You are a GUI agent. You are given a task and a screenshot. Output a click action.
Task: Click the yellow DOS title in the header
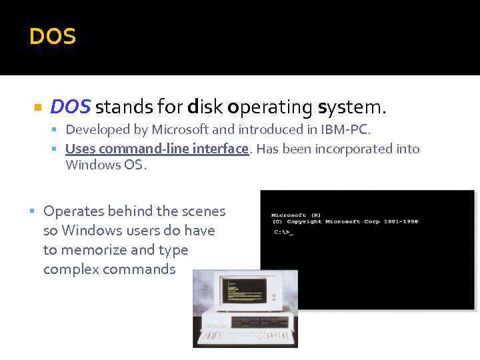click(53, 37)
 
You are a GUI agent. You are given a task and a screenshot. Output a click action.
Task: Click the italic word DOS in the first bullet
click(71, 107)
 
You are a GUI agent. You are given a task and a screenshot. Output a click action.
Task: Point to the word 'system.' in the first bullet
click(353, 107)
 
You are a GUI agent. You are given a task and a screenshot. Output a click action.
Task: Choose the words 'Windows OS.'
click(105, 165)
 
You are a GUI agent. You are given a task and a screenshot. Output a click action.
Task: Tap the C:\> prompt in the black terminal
click(283, 231)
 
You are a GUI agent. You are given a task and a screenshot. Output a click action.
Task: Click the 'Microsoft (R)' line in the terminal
click(297, 215)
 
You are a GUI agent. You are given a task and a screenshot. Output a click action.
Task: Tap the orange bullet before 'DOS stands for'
click(38, 107)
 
